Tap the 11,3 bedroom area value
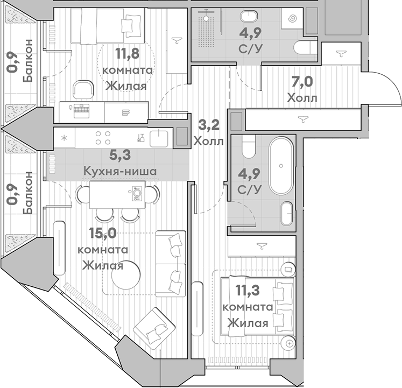tap(246, 292)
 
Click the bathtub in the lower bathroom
tap(281, 166)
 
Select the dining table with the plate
tap(118, 192)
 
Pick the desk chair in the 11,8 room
tap(83, 89)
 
